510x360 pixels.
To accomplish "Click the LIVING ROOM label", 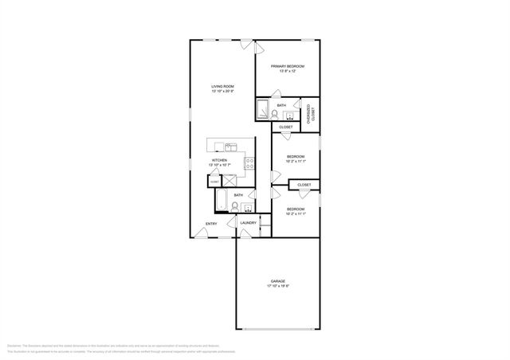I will [x=222, y=86].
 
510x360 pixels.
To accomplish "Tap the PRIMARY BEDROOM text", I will [x=288, y=66].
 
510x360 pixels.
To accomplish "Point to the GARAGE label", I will [x=277, y=281].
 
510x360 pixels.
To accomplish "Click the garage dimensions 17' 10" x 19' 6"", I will [x=277, y=286].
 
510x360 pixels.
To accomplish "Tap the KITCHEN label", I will [x=219, y=160].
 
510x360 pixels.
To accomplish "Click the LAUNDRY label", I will [x=249, y=223].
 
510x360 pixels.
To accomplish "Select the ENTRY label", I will [x=211, y=224].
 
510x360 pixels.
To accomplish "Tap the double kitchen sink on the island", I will [x=229, y=146].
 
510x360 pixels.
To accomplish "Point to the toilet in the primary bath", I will [x=275, y=114].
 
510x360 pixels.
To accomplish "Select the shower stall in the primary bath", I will [x=262, y=110].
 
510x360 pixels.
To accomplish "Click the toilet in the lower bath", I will [x=235, y=207].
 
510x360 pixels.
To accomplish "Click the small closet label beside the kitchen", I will [x=215, y=182].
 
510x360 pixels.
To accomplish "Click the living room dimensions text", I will [x=222, y=91].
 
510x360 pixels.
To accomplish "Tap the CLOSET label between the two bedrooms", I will [x=304, y=185].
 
